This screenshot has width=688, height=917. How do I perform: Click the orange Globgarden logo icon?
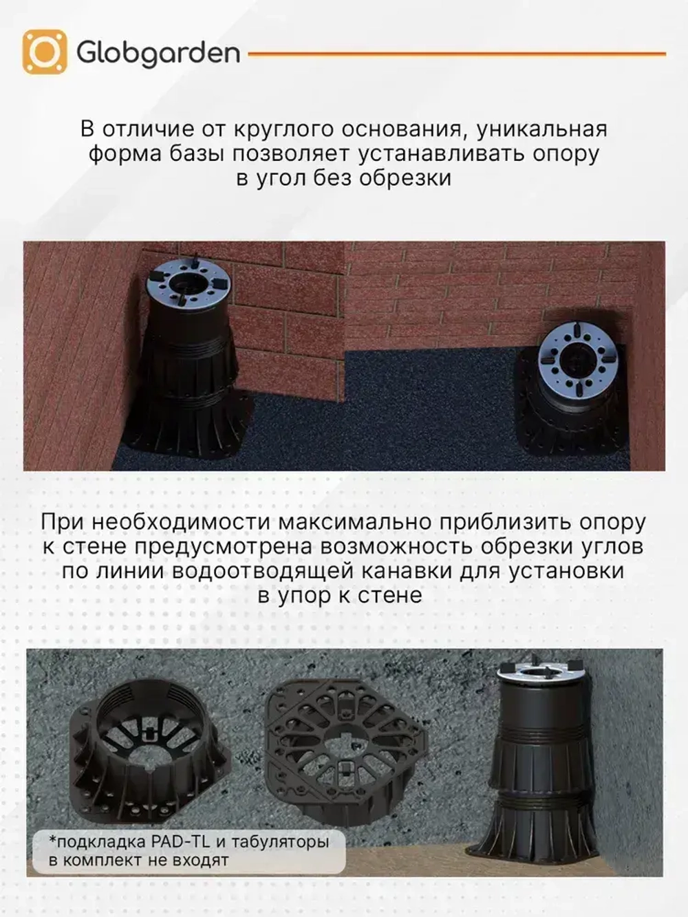click(x=45, y=52)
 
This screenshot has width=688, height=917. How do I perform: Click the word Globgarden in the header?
click(x=158, y=54)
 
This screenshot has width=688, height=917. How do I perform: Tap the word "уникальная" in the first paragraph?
click(x=541, y=129)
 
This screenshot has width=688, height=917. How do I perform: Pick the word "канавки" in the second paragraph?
click(x=504, y=570)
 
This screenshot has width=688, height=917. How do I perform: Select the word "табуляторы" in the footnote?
click(x=279, y=841)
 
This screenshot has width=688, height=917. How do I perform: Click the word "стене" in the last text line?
click(x=389, y=595)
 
